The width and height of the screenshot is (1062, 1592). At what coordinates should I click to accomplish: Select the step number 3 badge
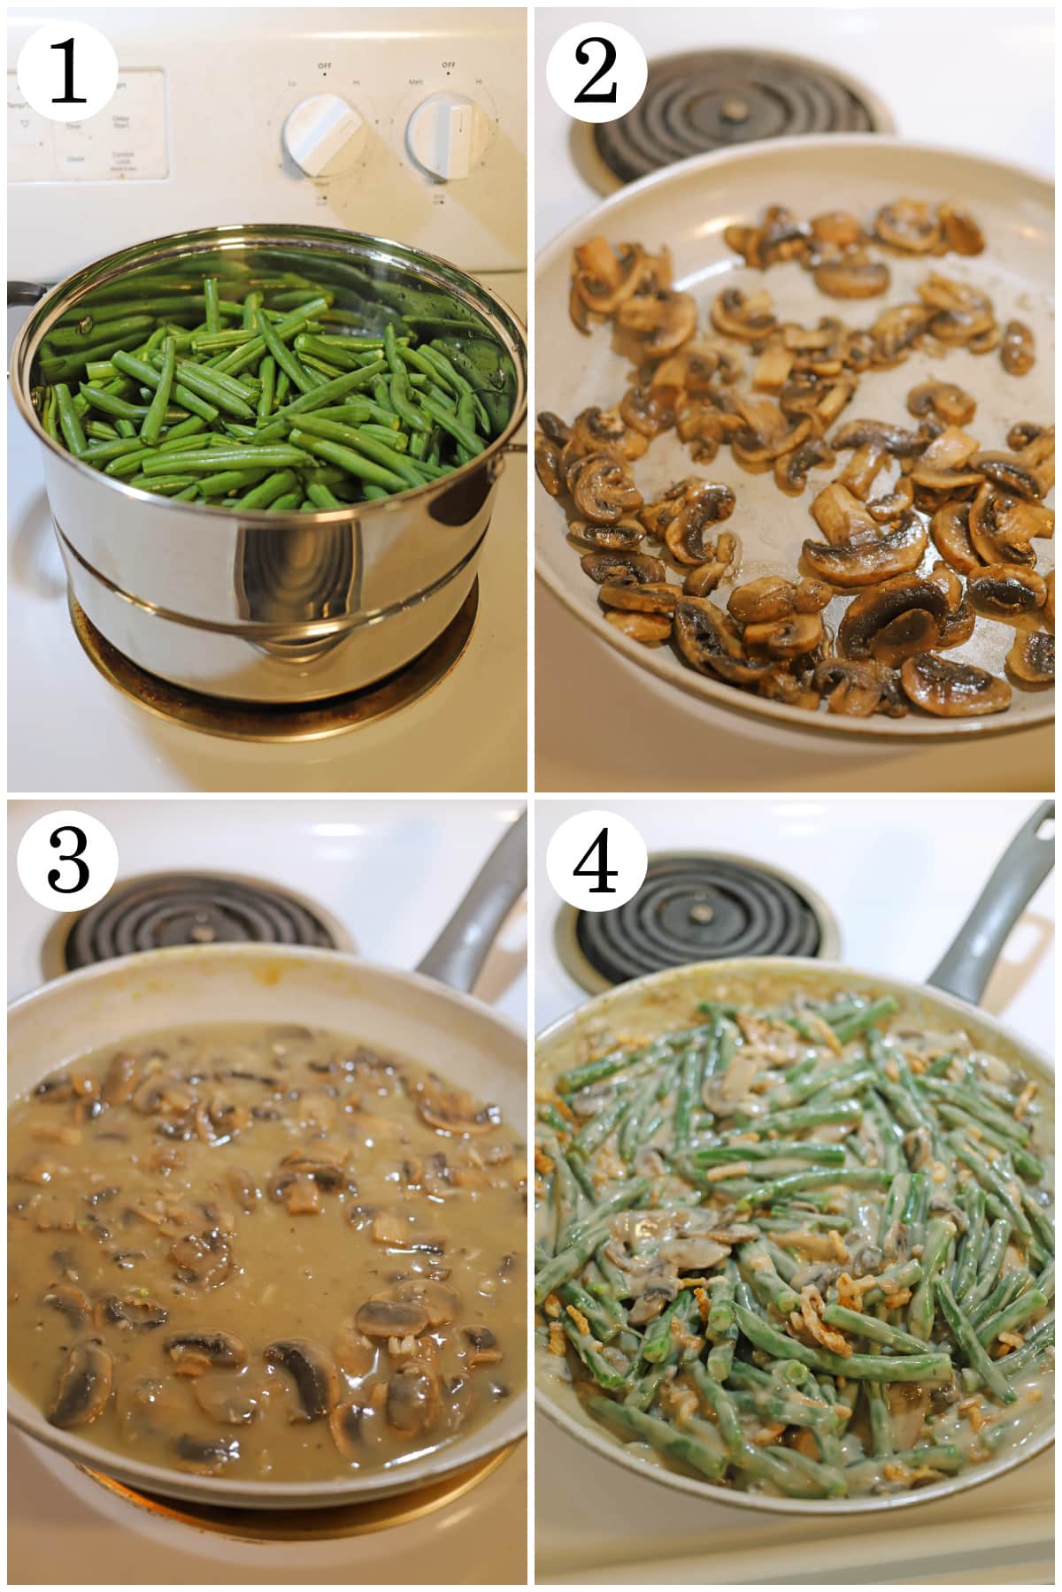click(67, 860)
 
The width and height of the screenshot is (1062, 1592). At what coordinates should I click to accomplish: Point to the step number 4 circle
click(595, 860)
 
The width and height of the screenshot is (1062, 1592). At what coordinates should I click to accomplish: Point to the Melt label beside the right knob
click(413, 81)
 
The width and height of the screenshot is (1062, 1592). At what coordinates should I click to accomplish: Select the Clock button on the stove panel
click(75, 159)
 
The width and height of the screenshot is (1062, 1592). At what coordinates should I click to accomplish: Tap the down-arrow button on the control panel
click(25, 125)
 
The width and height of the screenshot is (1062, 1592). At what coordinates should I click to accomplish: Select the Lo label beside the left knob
click(291, 82)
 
